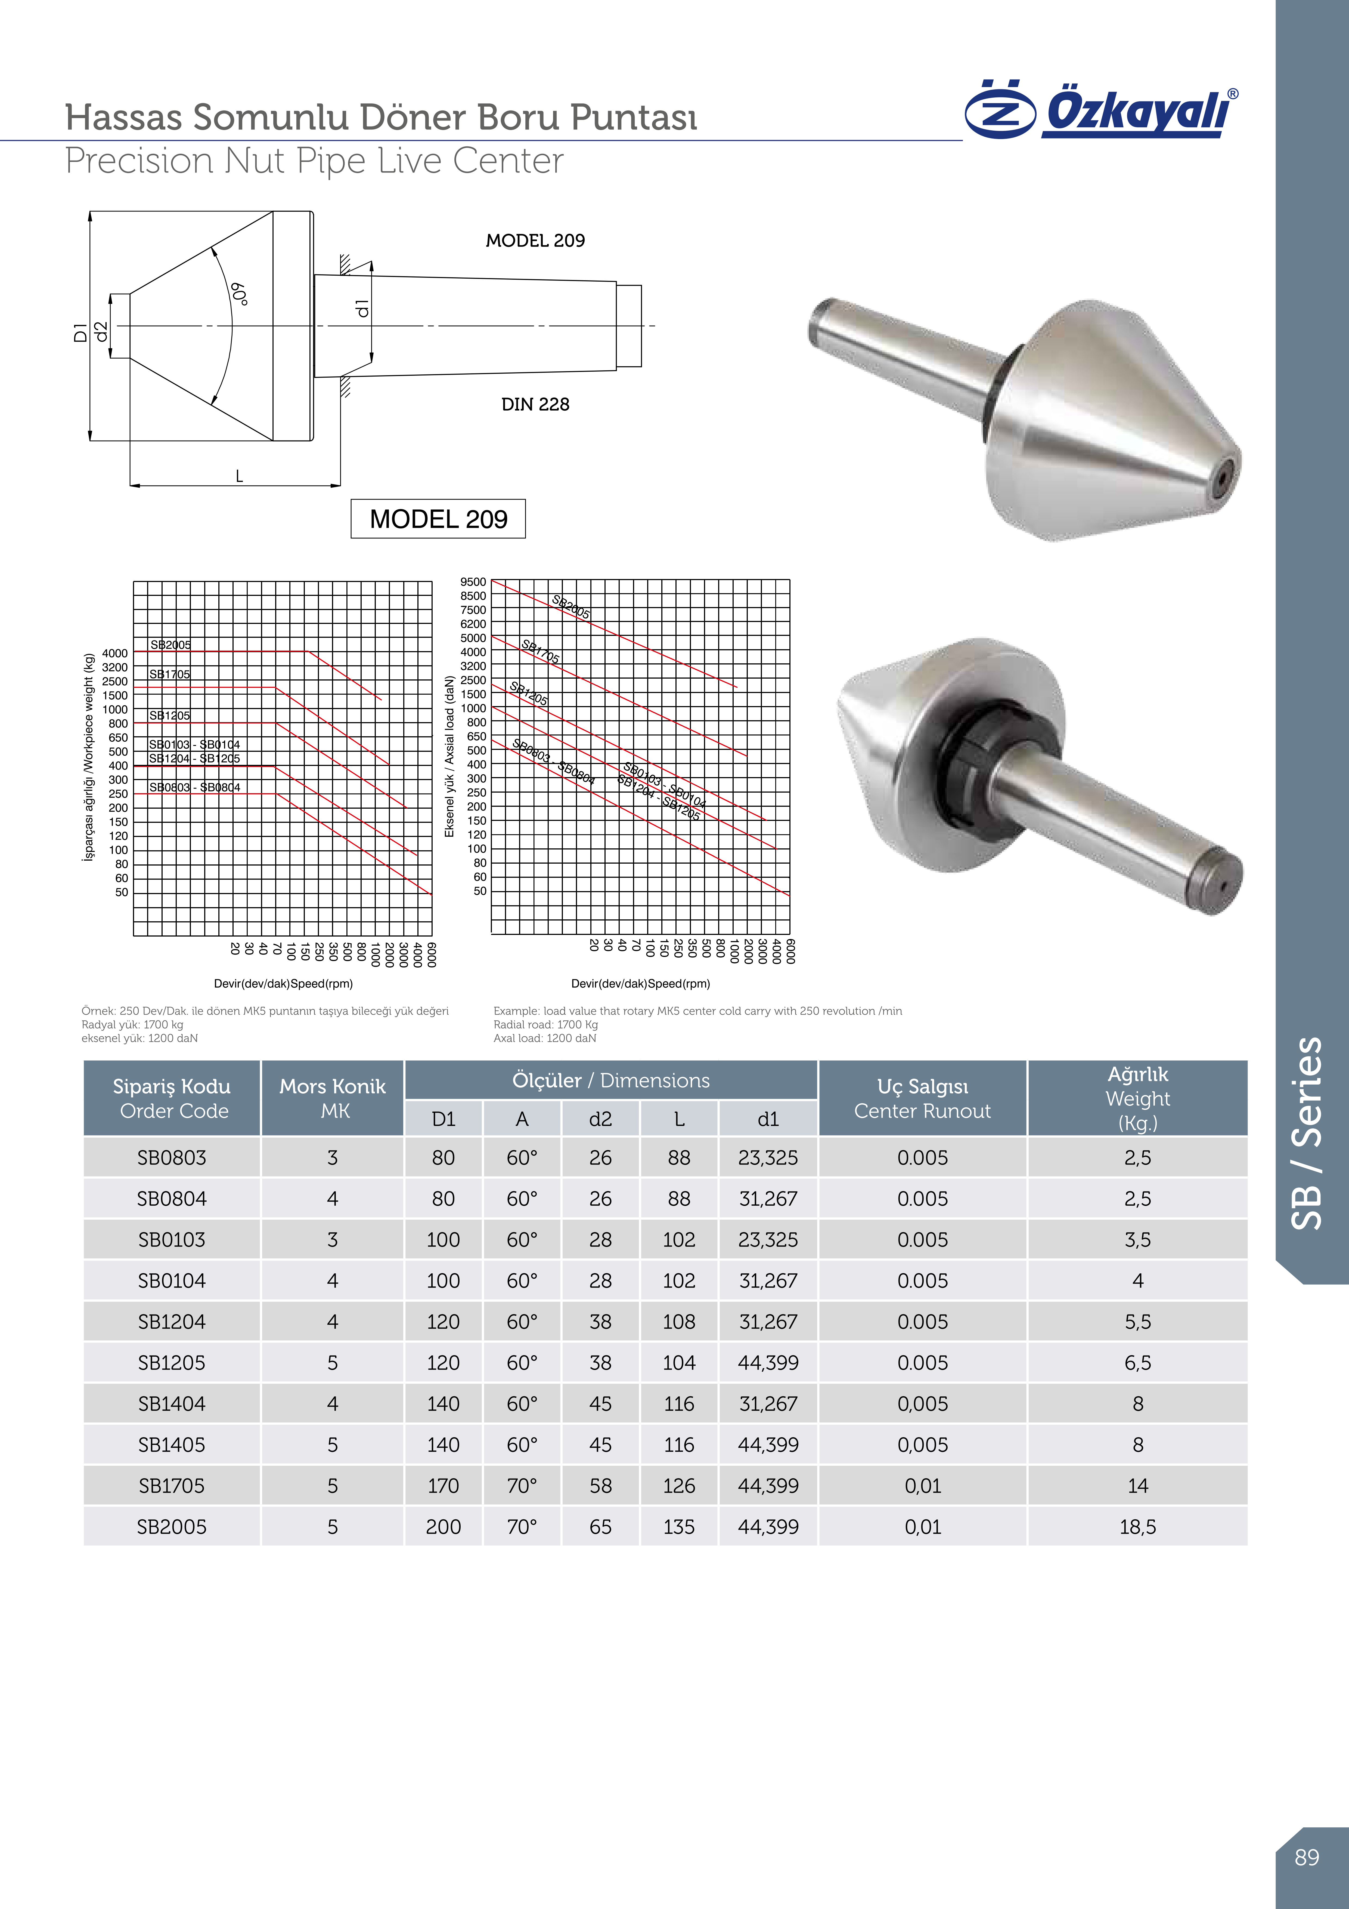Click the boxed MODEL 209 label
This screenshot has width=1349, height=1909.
[x=438, y=519]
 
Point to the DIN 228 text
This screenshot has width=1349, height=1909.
[x=535, y=404]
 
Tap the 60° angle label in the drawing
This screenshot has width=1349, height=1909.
[x=240, y=294]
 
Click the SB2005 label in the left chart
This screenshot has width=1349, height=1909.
[x=170, y=644]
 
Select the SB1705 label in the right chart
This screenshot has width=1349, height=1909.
[x=540, y=651]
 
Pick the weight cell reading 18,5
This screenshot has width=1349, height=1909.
[x=1137, y=1526]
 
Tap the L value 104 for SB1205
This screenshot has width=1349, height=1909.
[x=678, y=1363]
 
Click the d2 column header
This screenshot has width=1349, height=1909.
[x=600, y=1119]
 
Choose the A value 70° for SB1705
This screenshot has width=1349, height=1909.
[x=522, y=1486]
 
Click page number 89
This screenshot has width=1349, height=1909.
[x=1307, y=1858]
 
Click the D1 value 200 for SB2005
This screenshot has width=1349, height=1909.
[x=443, y=1526]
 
